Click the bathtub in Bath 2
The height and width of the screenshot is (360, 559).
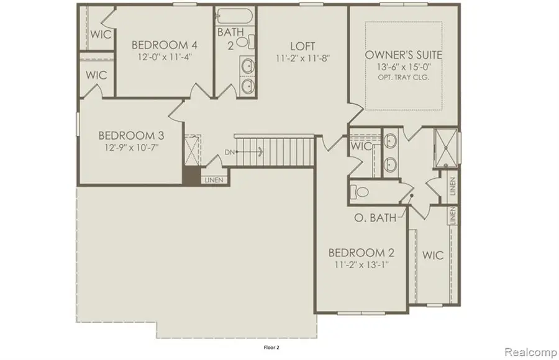point(234,16)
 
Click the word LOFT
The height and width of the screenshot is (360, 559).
point(302,46)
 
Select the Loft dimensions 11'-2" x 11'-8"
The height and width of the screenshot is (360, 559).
point(302,58)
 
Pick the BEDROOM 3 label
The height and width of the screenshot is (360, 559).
point(131,136)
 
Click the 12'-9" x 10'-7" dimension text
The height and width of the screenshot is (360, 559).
point(131,149)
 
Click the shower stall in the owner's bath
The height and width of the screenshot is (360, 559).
point(447,148)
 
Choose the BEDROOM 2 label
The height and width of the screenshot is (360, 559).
point(361,253)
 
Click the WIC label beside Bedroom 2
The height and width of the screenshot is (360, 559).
point(432,255)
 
